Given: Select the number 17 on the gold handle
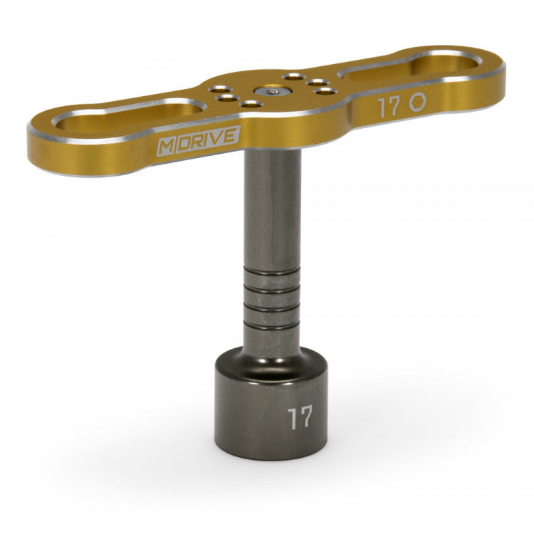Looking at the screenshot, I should [x=389, y=107].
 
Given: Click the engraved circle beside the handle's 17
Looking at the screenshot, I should [x=417, y=102].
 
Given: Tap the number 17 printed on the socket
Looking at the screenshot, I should [x=300, y=417].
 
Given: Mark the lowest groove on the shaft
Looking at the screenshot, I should [x=273, y=323].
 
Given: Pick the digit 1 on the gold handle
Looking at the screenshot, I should [x=382, y=108].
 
